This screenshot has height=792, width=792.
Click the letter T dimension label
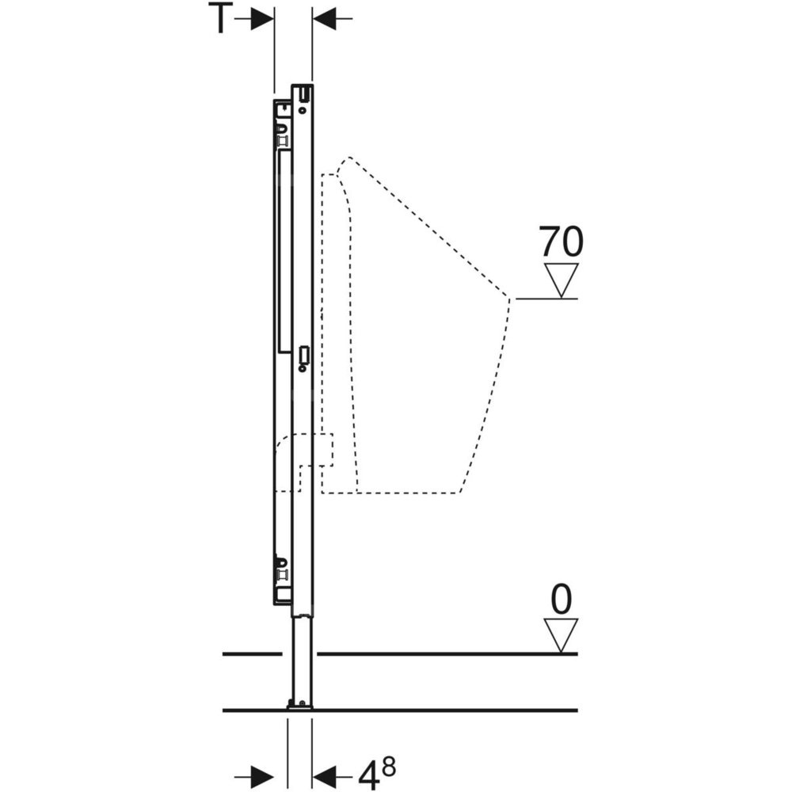(220, 18)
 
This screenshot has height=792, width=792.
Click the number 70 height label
(561, 242)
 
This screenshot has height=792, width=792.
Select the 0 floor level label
(562, 599)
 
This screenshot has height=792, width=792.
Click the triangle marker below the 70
(561, 280)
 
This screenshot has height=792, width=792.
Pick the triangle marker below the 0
(561, 635)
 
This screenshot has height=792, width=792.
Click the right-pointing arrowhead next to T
(262, 18)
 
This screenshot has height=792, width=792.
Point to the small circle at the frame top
(303, 110)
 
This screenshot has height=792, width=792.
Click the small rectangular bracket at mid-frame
(303, 355)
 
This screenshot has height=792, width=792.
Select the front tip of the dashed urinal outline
(509, 299)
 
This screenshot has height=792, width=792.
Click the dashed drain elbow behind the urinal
(303, 463)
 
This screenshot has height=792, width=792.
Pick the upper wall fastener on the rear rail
(282, 135)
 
